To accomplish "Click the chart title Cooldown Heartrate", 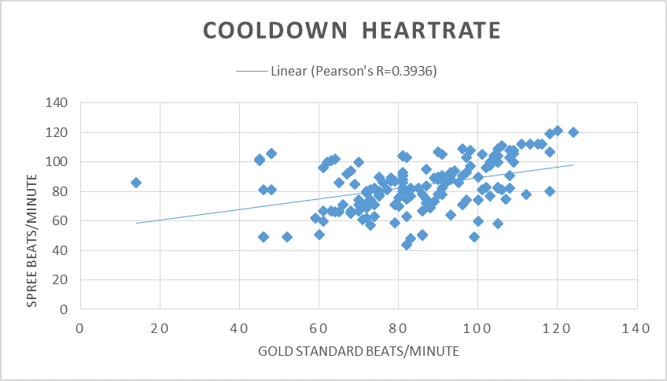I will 352,31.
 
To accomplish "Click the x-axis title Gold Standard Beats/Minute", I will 358,350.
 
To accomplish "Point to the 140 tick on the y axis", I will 57,103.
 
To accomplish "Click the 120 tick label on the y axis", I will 57,132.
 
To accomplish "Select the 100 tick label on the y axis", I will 57,162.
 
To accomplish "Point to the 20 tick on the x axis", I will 160,327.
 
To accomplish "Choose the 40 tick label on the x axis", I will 239,327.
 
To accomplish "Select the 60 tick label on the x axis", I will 319,327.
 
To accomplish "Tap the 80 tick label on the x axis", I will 398,327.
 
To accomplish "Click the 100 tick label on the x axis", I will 477,327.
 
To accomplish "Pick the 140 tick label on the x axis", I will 636,327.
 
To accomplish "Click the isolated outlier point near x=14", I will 136,183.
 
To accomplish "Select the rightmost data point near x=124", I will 573,132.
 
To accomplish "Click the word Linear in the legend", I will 288,71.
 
